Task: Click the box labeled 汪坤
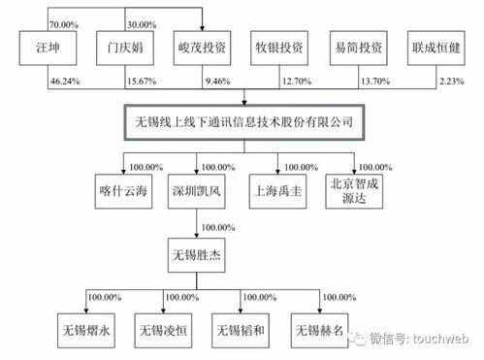click(45, 47)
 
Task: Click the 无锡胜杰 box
click(196, 257)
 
